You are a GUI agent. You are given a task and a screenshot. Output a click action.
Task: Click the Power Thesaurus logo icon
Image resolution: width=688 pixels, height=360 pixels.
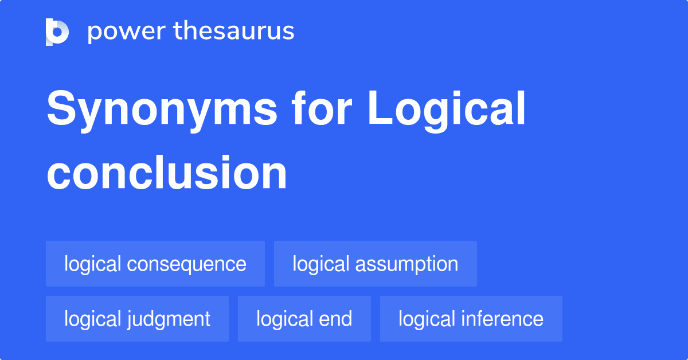coord(57,32)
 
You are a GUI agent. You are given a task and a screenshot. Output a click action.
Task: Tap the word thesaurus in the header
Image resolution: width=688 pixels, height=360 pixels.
coord(234,32)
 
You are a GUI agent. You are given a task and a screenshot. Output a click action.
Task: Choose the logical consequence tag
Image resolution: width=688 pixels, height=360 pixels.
coord(155,264)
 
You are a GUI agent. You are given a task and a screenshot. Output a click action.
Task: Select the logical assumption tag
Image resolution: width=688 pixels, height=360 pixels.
coord(376,264)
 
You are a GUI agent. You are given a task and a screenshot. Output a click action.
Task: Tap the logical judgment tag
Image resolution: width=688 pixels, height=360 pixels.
coord(137,319)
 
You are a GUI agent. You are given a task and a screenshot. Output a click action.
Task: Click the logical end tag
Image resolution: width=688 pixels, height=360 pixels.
coord(304,319)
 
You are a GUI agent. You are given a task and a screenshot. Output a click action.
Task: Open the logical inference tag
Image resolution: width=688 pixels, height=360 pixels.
coord(471,319)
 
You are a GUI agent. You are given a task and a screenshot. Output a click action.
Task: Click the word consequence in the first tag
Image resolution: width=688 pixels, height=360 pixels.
coord(186,264)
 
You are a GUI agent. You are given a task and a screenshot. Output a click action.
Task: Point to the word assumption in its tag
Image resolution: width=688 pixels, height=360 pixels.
coord(406,264)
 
